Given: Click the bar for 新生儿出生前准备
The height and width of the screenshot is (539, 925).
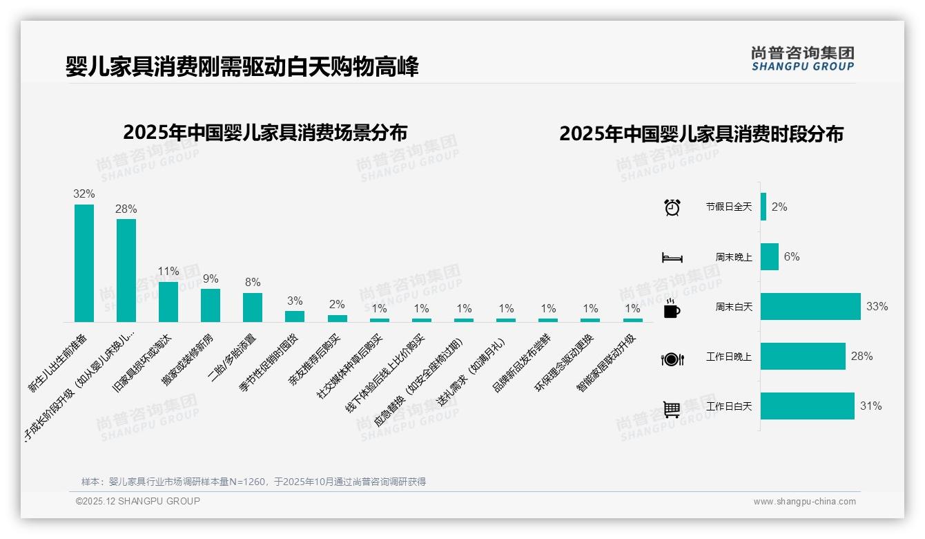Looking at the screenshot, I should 84,263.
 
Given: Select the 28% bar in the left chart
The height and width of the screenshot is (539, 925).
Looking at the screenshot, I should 126,270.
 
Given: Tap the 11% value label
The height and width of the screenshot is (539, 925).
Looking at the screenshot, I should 168,271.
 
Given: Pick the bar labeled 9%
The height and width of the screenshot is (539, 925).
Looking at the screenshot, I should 211,305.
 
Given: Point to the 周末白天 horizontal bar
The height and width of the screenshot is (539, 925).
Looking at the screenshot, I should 810,306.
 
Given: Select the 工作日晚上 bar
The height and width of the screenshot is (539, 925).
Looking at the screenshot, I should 803,356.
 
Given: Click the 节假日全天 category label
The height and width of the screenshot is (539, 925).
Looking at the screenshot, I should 728,207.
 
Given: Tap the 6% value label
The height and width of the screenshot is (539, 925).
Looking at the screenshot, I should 792,256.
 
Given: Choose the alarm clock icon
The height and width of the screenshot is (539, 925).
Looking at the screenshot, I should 672,207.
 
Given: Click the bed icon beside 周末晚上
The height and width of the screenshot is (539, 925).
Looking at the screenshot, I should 672,257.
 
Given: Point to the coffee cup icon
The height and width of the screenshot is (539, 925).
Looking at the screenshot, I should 672,308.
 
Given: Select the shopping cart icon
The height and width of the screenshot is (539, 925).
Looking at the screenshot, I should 672,409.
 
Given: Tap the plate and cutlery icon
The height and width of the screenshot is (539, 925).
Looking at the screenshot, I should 672,359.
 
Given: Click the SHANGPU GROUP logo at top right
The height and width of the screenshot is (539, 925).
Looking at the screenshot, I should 802,59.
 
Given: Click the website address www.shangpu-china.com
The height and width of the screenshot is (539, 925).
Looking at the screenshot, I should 804,502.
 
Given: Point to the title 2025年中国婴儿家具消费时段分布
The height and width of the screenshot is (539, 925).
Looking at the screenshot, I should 701,134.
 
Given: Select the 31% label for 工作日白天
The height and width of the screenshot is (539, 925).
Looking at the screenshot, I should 870,406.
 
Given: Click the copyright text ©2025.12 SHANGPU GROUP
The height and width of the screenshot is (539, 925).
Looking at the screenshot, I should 138,501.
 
